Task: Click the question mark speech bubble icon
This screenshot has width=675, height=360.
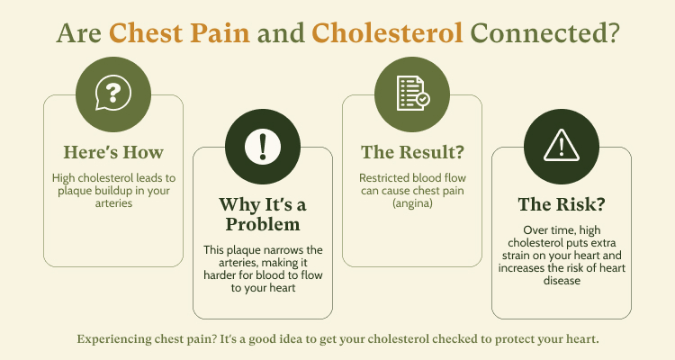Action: [113, 93]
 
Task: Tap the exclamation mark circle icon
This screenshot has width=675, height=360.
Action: [263, 147]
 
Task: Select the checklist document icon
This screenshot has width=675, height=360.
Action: [413, 94]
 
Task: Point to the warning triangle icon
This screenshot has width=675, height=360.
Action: [562, 145]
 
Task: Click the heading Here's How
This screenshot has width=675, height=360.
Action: [113, 152]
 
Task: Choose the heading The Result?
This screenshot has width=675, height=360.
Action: [412, 152]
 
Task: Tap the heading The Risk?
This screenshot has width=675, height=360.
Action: [562, 204]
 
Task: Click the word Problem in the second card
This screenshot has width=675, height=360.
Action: [263, 224]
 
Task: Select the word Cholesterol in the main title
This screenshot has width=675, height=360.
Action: [387, 32]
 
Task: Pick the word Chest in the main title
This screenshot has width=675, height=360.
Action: [146, 32]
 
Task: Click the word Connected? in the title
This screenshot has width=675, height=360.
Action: [544, 32]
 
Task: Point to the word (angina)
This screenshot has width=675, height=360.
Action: [412, 203]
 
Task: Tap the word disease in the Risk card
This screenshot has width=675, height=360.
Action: [562, 281]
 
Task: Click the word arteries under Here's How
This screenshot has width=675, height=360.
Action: [113, 203]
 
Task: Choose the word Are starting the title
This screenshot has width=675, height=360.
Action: [79, 32]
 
